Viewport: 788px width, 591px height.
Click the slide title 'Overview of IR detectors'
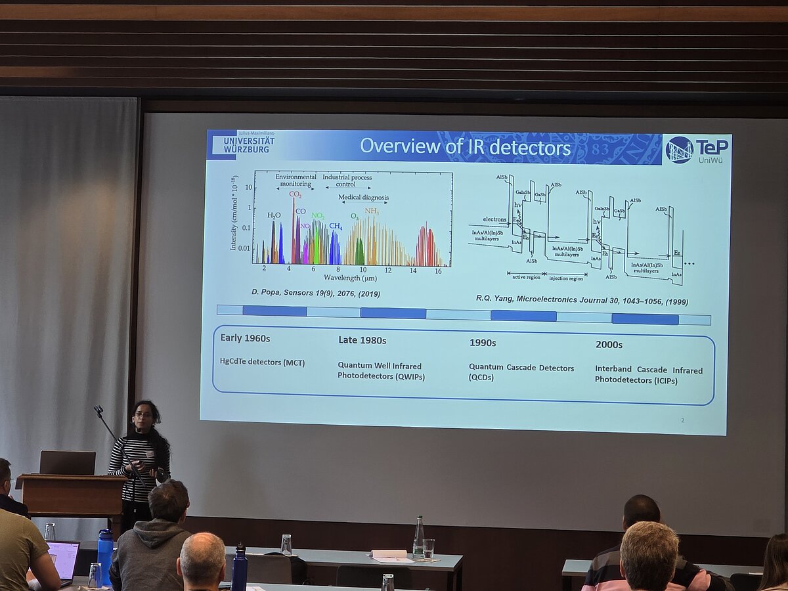465,146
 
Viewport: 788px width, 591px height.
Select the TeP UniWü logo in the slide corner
697,150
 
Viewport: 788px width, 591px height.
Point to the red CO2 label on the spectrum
295,194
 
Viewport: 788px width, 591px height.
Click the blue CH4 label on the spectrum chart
336,227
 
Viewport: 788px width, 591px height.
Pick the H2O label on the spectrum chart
274,215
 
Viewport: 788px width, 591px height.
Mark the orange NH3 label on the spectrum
372,211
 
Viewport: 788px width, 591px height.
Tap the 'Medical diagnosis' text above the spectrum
363,197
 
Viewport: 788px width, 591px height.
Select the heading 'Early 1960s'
245,338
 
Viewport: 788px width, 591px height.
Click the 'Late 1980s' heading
362,340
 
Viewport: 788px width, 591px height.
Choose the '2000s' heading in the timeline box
609,344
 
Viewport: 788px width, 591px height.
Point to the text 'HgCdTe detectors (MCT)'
262,362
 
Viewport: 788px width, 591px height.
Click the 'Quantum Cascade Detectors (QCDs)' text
521,372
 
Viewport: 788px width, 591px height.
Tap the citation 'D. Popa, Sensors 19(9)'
315,293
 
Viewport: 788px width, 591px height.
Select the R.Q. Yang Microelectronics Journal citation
582,299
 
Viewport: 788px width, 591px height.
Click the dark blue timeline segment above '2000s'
645,319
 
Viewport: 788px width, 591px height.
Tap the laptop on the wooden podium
67,463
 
